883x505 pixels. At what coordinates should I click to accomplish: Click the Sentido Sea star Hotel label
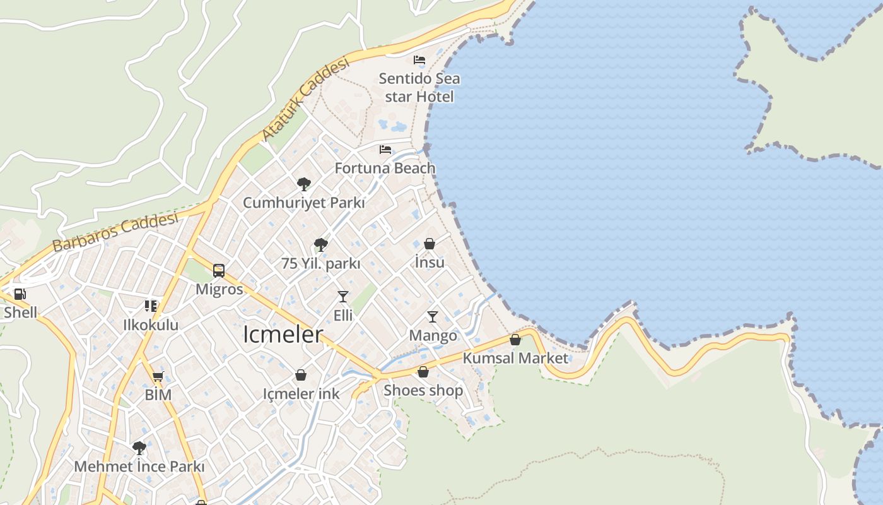point(419,88)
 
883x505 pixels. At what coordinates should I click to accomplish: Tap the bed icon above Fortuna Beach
point(385,150)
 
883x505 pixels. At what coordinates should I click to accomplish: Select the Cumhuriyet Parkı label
point(304,203)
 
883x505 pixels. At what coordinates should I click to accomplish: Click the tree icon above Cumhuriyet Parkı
point(304,184)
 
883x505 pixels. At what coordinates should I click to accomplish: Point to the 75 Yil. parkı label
point(321,263)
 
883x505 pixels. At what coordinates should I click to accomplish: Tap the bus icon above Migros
point(219,271)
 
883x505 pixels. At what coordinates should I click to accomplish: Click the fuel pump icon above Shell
point(20,294)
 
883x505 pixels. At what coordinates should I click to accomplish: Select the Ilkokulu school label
point(151,325)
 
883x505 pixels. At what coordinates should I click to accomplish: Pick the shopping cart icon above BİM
point(158,377)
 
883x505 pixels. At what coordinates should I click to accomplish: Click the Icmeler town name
point(283,335)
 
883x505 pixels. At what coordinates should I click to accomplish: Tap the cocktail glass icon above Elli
point(343,296)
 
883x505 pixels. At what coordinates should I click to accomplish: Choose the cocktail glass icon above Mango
point(433,316)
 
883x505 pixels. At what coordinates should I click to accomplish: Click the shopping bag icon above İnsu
point(430,244)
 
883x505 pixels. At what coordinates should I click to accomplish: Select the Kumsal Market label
point(515,358)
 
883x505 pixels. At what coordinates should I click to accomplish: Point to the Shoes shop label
point(423,390)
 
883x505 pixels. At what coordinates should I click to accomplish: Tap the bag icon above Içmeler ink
point(301,375)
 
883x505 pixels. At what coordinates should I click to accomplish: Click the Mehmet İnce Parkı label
point(139,466)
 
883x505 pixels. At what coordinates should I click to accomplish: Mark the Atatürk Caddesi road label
point(305,99)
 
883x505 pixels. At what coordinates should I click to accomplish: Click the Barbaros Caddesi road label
point(115,232)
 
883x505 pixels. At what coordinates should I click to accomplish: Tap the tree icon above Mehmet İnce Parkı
point(139,448)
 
